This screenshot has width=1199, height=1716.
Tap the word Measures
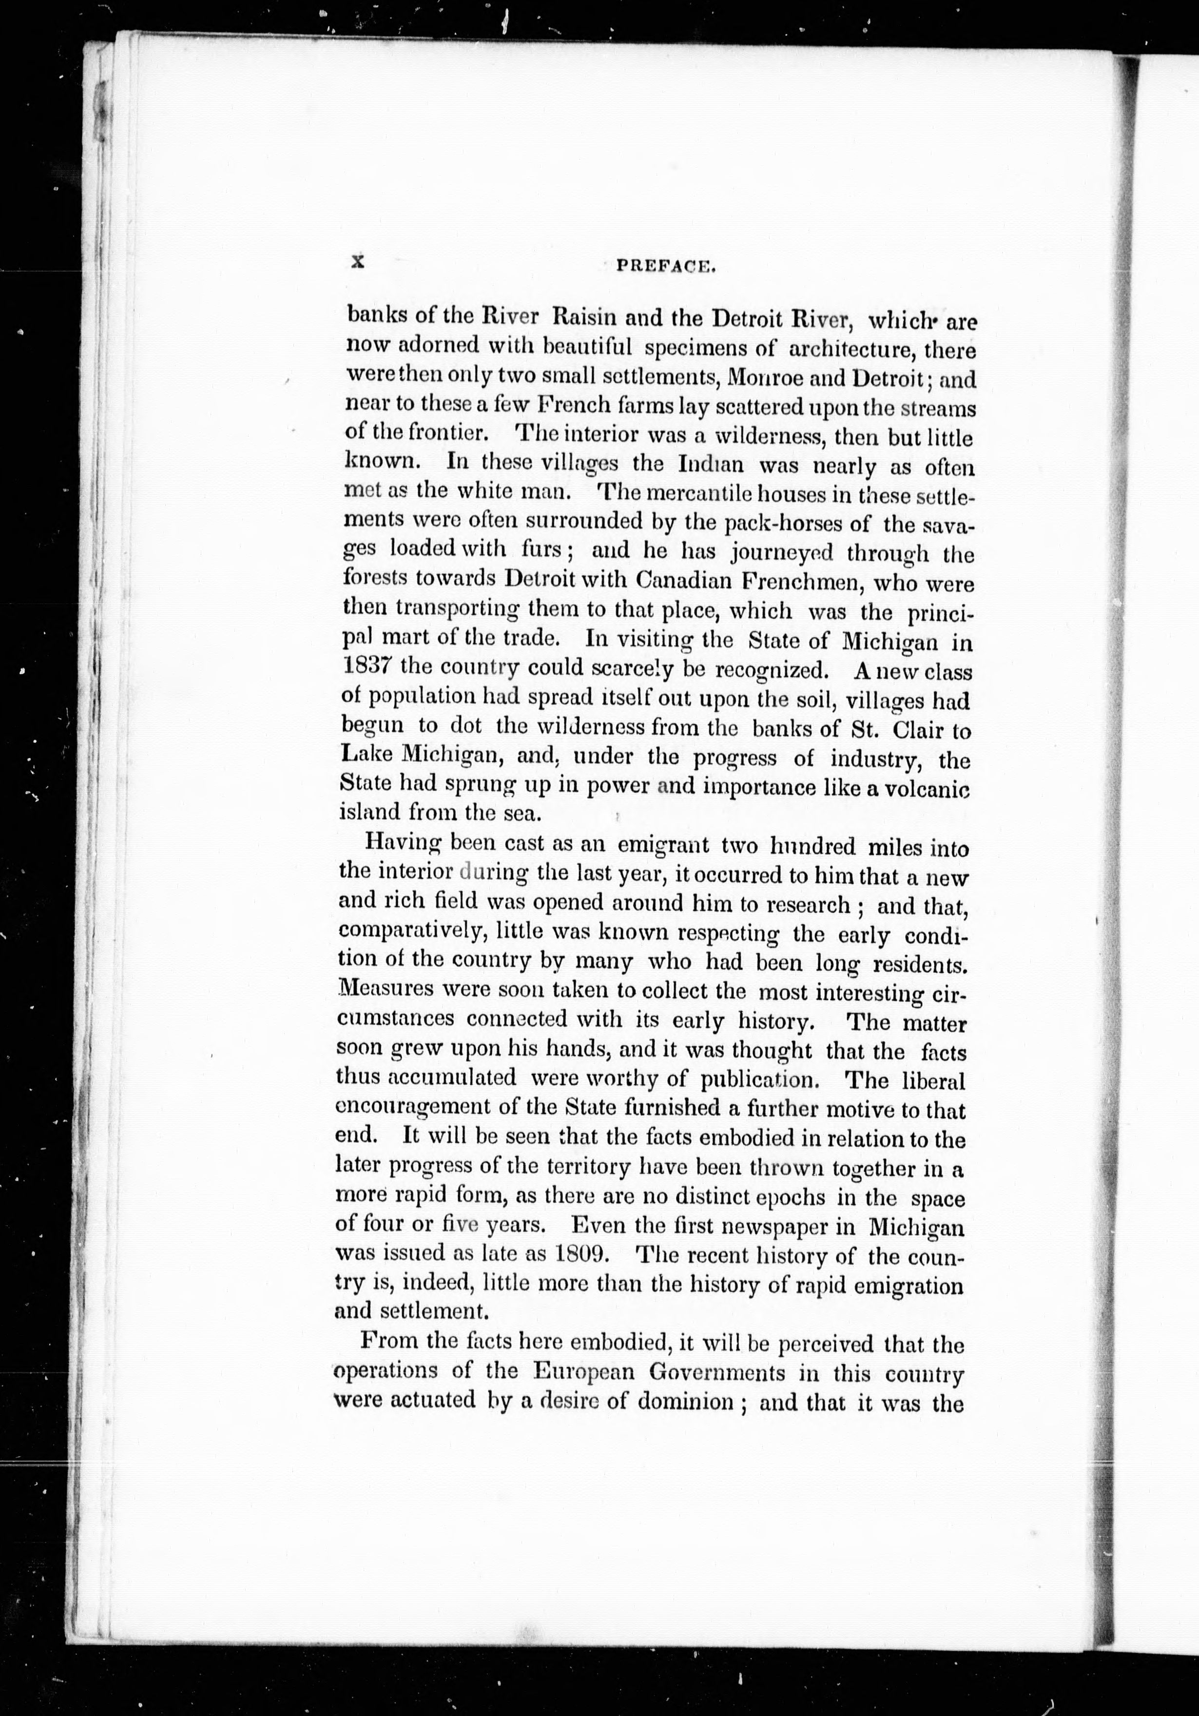(x=386, y=990)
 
